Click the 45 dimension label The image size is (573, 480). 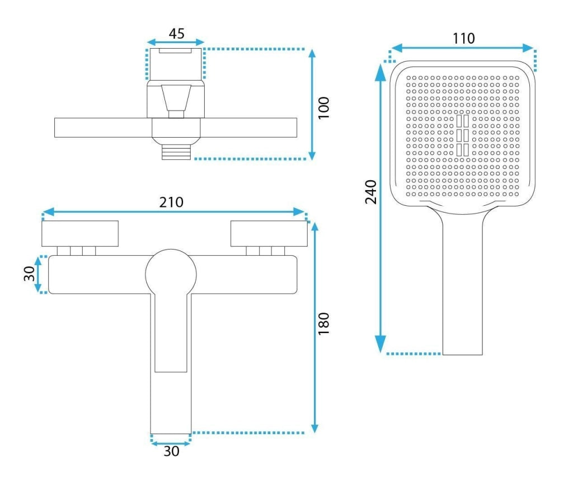coord(176,34)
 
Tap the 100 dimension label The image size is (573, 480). coord(324,107)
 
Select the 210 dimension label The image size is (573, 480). coord(171,202)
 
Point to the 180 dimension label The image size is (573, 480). coord(324,323)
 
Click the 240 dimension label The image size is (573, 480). coord(371,192)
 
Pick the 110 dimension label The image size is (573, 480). coord(464,39)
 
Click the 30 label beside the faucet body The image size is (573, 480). coord(29,274)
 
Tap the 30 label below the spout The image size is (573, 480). coord(171,451)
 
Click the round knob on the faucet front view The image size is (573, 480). coord(171,274)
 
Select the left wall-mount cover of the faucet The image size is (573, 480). coord(80,233)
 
